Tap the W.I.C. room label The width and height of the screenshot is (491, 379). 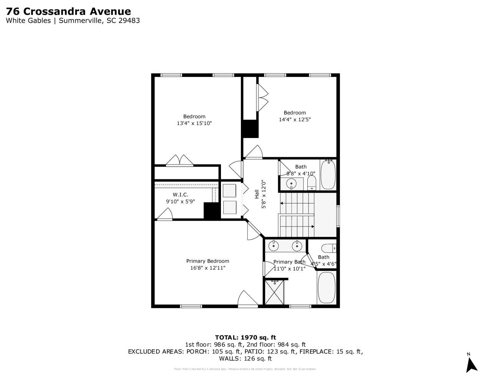point(180,195)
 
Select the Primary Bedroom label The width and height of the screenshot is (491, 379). point(208,261)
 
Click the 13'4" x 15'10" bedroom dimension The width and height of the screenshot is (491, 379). point(194,123)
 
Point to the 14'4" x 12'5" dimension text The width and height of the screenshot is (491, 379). point(295,120)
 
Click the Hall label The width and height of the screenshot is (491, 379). point(256,194)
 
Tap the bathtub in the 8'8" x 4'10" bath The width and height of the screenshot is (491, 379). point(328,175)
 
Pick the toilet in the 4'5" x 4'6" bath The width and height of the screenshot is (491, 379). point(328,248)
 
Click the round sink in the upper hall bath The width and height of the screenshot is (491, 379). point(292,184)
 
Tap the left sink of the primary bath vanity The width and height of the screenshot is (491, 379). point(274,246)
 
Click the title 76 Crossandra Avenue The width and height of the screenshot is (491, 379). point(68,11)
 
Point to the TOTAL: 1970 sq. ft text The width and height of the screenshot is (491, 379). point(245,338)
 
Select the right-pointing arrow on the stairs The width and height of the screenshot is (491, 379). point(313,226)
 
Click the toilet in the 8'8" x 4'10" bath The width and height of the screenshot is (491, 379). point(311,183)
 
